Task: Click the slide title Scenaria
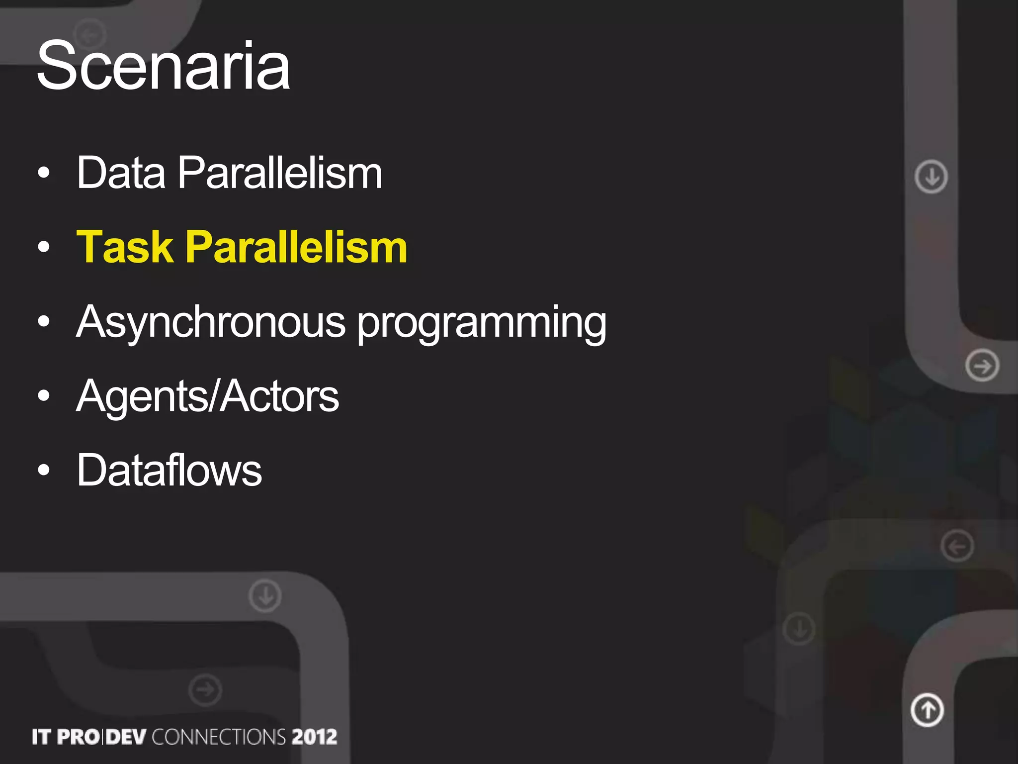[163, 66]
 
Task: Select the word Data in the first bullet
[121, 173]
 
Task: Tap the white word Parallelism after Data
[280, 173]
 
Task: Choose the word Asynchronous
[211, 322]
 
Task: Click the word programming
[482, 324]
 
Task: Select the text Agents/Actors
[208, 397]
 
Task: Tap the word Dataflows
[169, 470]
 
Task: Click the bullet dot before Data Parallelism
[44, 173]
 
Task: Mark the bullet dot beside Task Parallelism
[44, 247]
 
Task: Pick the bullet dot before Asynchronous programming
[44, 322]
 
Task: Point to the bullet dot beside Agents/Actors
[44, 396]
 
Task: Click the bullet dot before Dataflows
[44, 470]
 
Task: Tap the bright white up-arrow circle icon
[927, 710]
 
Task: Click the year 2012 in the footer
[315, 737]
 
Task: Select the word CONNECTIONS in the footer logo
[219, 737]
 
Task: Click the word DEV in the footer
[126, 737]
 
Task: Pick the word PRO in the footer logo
[79, 737]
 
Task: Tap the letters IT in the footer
[42, 737]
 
